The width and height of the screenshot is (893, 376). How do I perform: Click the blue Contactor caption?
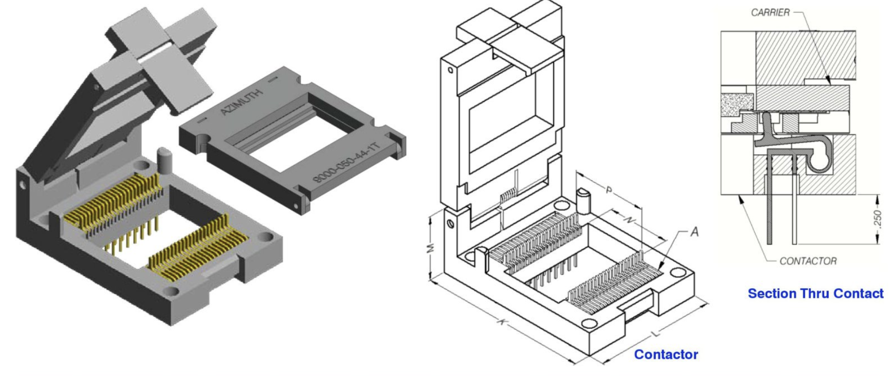coord(666,355)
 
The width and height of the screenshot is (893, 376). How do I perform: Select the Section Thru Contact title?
coord(815,294)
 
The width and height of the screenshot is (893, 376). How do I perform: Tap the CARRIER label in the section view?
coord(770,13)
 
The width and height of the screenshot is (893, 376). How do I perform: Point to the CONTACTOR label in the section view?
coord(808,261)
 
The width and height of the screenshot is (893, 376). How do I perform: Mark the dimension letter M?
coord(430,248)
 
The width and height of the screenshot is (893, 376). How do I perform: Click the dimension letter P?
coord(609,190)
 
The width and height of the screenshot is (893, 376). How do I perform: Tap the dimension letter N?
coord(630,220)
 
